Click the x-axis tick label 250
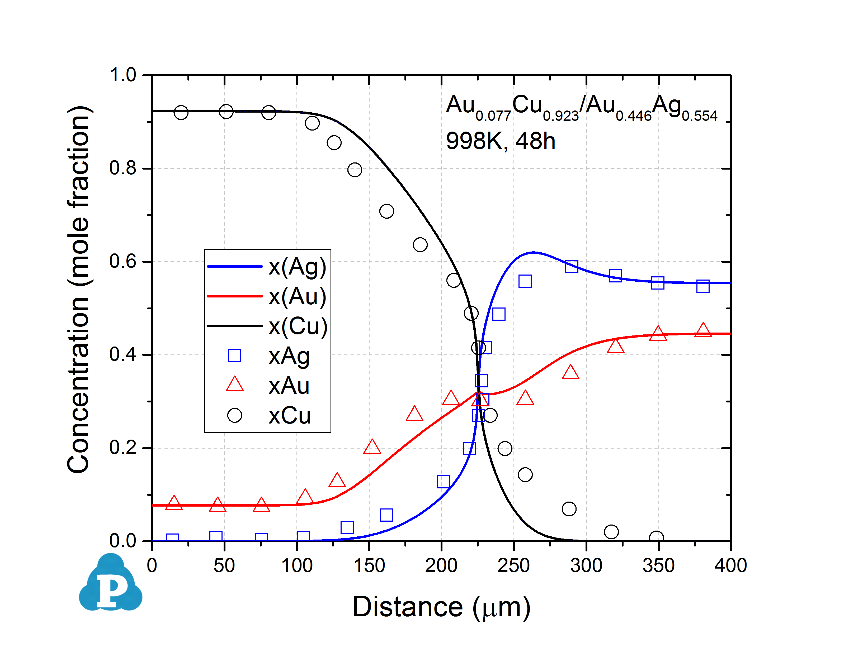(513, 566)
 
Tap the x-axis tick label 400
(730, 566)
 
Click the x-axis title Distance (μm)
(441, 607)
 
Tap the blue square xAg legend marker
(235, 355)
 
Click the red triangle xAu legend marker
(235, 385)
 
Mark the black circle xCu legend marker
(235, 415)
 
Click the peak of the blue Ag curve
(533, 253)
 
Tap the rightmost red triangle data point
(703, 330)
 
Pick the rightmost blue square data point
(703, 286)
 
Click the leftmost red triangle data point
(174, 503)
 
